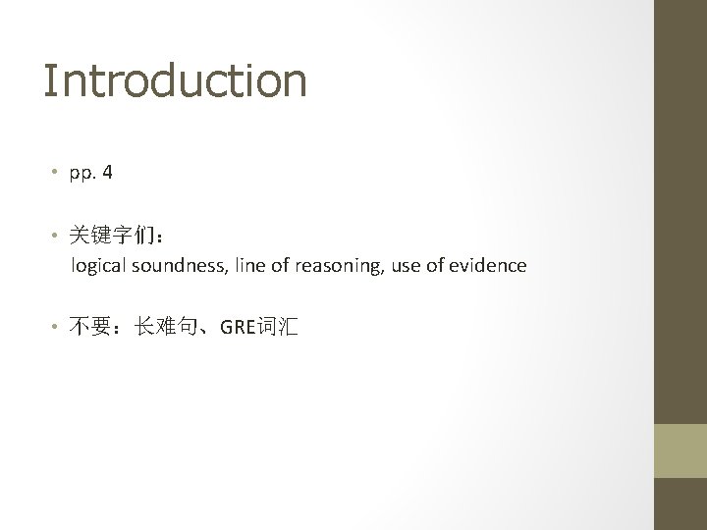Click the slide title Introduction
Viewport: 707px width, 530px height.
(x=175, y=80)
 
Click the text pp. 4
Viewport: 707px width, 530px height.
(x=90, y=174)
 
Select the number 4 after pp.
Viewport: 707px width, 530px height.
(x=107, y=173)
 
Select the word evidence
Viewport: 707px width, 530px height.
(x=488, y=265)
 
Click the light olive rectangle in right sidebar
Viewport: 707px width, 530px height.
(x=680, y=450)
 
